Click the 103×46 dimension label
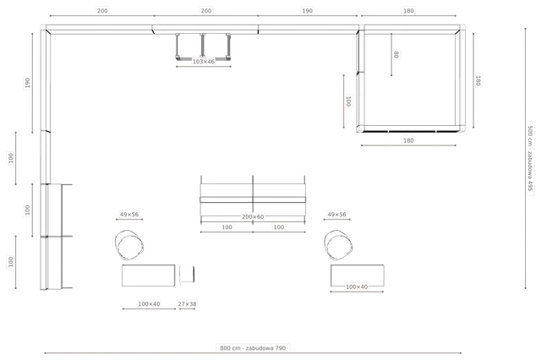[x=204, y=62]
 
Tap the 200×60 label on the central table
[x=253, y=217]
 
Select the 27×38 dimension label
[x=187, y=303]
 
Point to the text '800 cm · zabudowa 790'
[x=253, y=348]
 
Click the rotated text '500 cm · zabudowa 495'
[x=530, y=158]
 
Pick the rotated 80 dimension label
[x=396, y=54]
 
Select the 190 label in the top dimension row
[x=308, y=11]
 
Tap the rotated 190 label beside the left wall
[x=28, y=83]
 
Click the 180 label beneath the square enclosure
[x=408, y=140]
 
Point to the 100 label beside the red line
[x=348, y=101]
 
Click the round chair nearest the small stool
[x=129, y=245]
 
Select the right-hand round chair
[x=338, y=245]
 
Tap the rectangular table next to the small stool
[x=149, y=275]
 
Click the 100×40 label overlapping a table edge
[x=357, y=286]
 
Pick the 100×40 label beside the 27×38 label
[x=149, y=303]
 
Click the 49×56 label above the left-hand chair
[x=129, y=214]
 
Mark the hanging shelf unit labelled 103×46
[x=203, y=46]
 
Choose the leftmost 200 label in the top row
[x=102, y=11]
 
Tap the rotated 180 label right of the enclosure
[x=478, y=80]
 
